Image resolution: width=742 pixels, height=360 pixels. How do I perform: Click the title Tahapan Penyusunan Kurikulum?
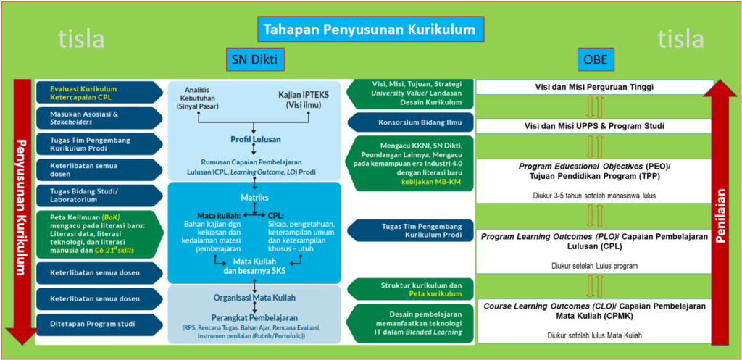coord(370,30)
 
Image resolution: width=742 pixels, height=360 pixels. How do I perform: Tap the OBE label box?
coord(595,59)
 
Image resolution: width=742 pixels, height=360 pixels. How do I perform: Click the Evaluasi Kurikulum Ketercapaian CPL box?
coord(98,92)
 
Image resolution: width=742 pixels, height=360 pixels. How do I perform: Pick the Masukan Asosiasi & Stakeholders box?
coord(98,117)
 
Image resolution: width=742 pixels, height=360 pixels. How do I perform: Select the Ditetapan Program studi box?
coord(98,324)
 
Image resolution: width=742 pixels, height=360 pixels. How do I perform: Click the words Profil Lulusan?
coord(251,139)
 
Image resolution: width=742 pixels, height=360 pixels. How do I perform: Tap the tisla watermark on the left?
coord(81,39)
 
